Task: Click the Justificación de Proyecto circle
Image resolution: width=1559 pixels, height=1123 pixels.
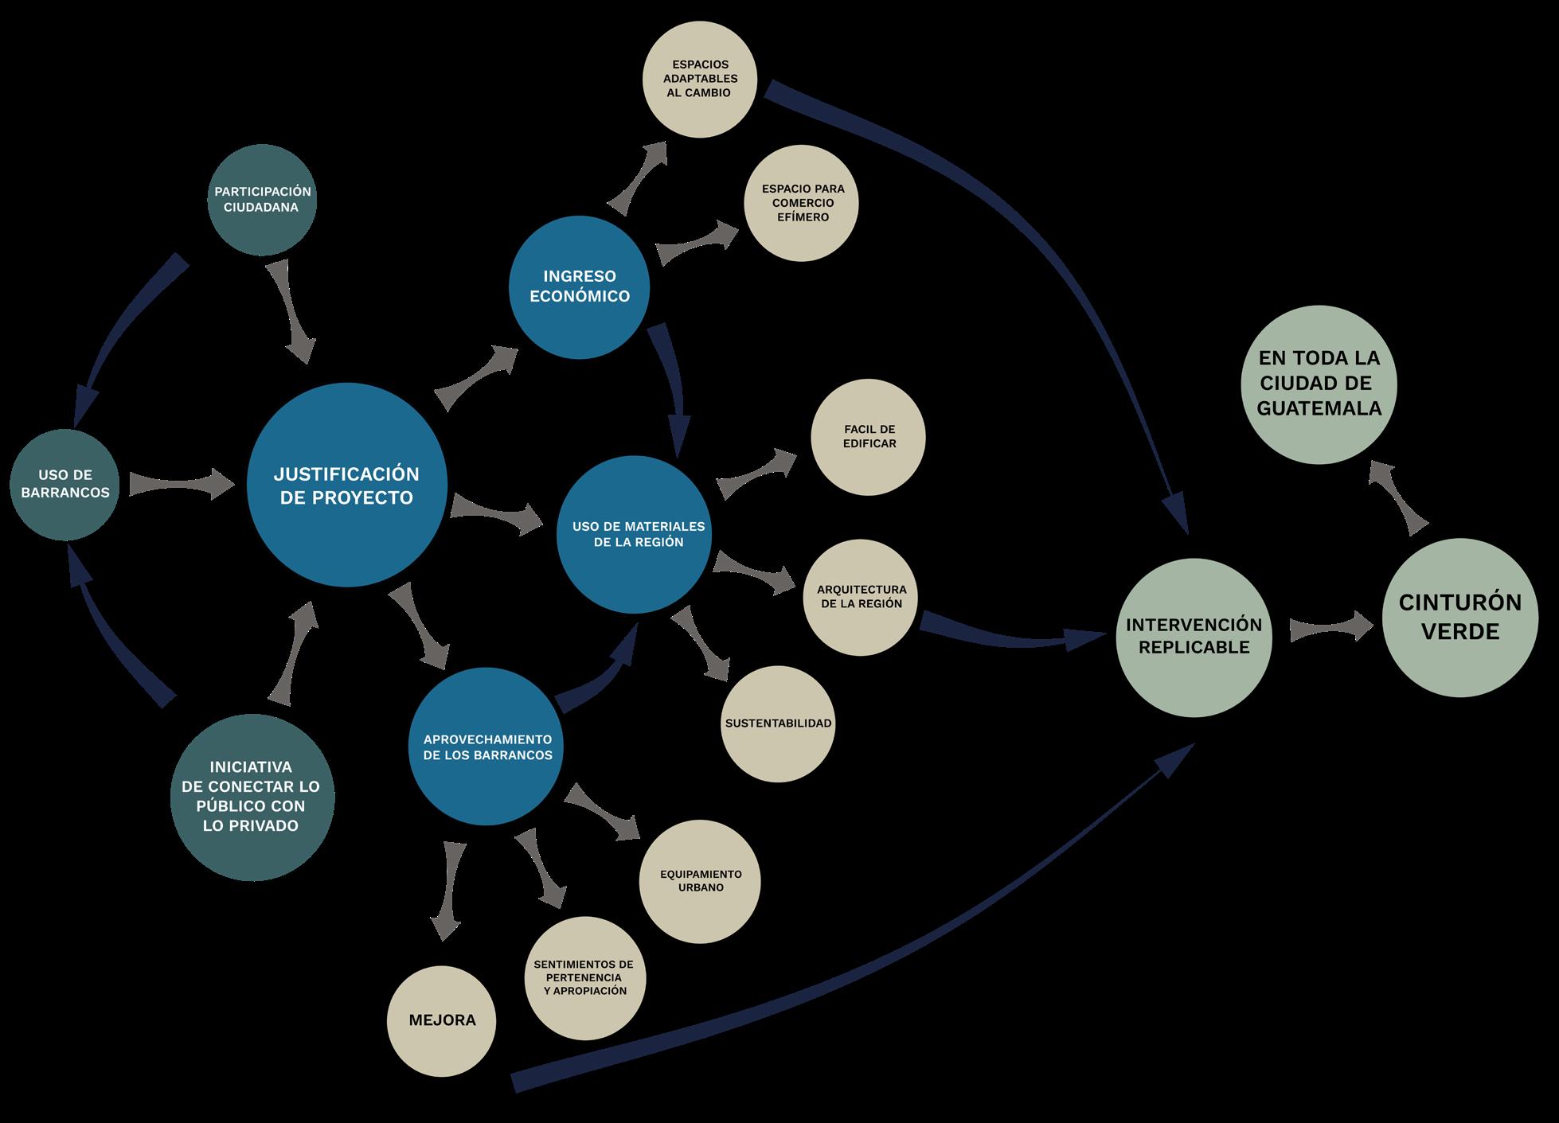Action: coord(346,486)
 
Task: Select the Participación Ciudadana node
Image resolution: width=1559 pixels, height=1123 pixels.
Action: coord(262,200)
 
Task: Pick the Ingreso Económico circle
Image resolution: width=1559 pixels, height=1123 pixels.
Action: coord(580,287)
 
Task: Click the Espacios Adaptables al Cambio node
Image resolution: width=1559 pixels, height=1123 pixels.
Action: coord(700,79)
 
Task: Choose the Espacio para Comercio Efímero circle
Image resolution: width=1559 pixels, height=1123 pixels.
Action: coord(802,203)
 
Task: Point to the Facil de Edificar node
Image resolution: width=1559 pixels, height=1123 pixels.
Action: coord(869,437)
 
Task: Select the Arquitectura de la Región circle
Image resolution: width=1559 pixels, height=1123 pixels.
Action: coord(861,597)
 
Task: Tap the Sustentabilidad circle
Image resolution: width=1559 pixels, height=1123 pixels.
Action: coord(778,723)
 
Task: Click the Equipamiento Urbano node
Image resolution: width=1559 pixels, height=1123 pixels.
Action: coord(701,881)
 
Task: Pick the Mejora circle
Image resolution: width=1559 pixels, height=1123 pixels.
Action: coord(442,1020)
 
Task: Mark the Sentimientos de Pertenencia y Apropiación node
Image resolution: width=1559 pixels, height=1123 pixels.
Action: coord(585,978)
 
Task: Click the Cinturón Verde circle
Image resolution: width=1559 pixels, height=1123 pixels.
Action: coord(1460,618)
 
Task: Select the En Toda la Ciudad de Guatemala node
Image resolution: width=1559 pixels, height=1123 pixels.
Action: coord(1319,384)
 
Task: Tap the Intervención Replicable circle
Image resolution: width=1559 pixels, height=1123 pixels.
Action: coord(1194,636)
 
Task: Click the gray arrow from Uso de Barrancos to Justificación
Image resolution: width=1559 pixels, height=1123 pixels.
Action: coord(182,484)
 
